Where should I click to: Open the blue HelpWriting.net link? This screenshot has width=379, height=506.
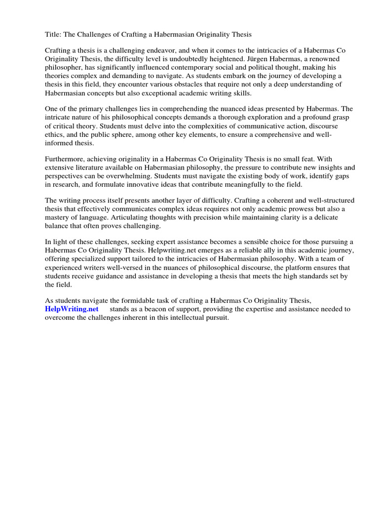[x=72, y=309]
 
